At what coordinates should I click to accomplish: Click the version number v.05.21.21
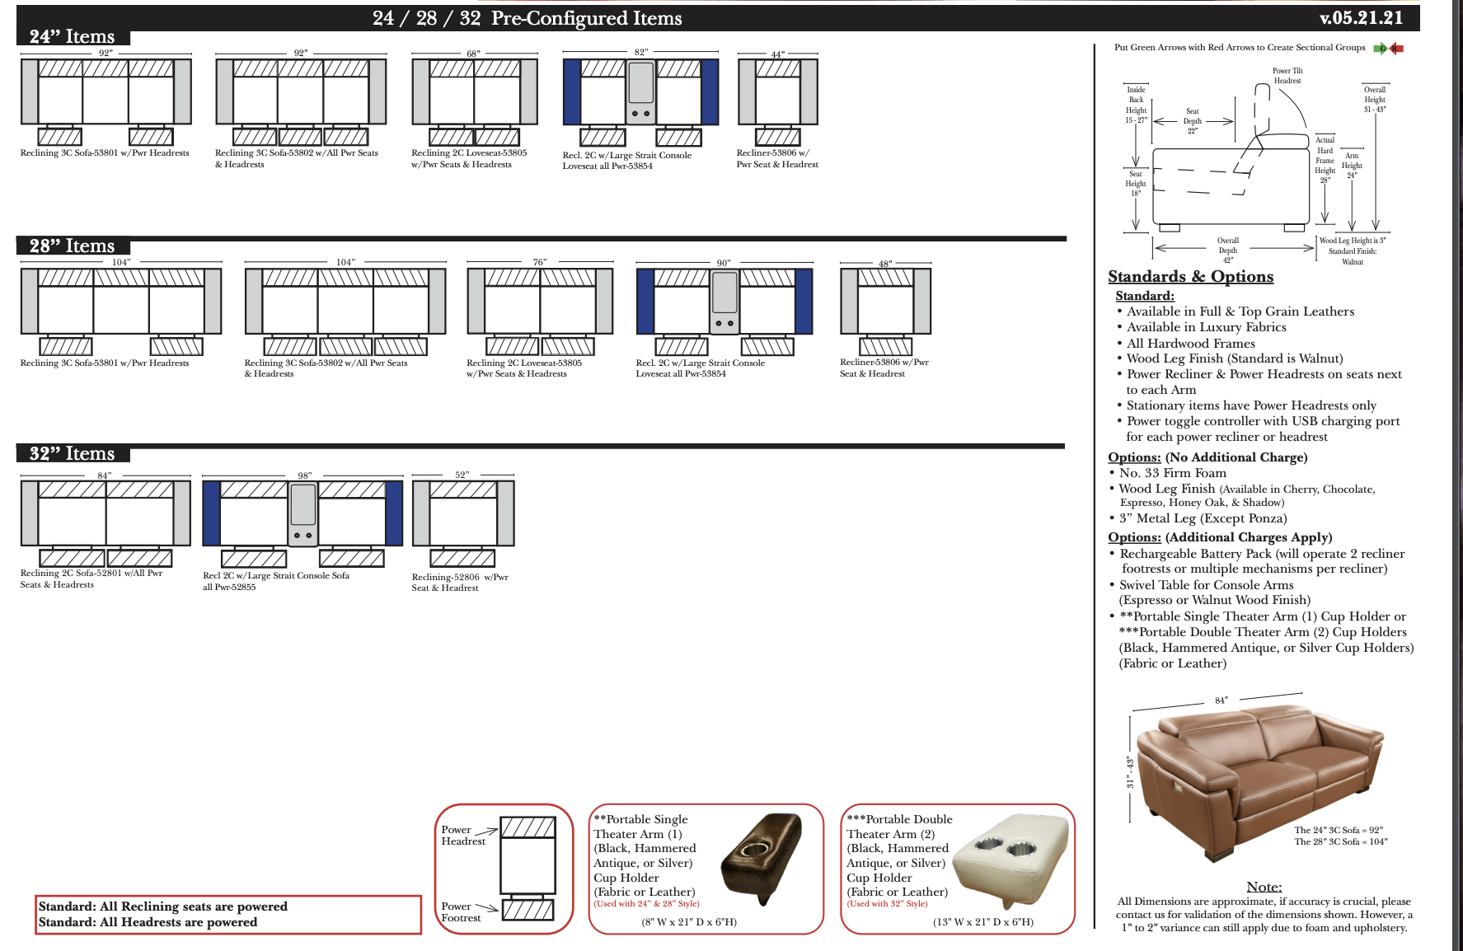click(1361, 18)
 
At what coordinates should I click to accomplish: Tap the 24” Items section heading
click(72, 36)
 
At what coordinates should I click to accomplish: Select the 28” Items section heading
click(72, 246)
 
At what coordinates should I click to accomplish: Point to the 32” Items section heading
click(72, 453)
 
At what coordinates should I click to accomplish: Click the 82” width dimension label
click(640, 52)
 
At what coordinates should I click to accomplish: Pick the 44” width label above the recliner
click(777, 54)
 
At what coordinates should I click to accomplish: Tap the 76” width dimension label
click(540, 262)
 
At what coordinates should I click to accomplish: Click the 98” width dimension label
click(304, 475)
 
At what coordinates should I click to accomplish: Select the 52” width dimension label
click(462, 475)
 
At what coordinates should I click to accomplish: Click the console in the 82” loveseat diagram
click(640, 91)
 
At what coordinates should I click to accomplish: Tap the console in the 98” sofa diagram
click(302, 513)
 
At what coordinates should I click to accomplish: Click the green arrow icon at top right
click(1380, 49)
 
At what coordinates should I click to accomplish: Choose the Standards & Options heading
click(1190, 277)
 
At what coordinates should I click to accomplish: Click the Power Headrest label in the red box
click(462, 835)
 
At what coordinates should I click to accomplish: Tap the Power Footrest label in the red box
click(460, 911)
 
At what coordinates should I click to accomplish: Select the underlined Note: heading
click(1264, 887)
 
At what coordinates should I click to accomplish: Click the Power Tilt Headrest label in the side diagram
click(1287, 76)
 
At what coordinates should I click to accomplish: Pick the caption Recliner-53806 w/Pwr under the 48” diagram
click(884, 362)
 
